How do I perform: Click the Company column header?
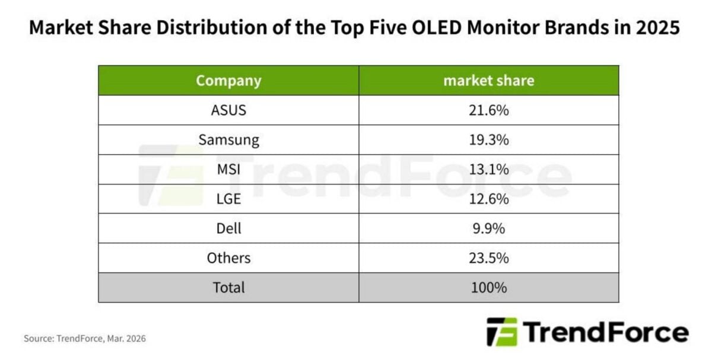(x=228, y=81)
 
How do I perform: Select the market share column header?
(x=488, y=81)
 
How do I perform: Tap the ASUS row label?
(x=228, y=110)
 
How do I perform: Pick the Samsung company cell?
(x=228, y=140)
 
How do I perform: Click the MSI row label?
(x=228, y=170)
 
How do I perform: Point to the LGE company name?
(x=228, y=199)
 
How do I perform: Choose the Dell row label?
(x=228, y=228)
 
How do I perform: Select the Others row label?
(x=228, y=258)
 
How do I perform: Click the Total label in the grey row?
(x=228, y=288)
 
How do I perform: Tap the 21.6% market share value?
(x=488, y=110)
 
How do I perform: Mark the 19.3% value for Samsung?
(x=488, y=140)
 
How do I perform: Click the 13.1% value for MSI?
(x=488, y=170)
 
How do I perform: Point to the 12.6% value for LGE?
(x=488, y=199)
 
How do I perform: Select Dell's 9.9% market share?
(x=488, y=228)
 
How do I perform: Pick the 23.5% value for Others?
(x=488, y=258)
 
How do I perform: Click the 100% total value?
(x=488, y=288)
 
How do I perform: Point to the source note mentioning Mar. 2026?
(x=84, y=339)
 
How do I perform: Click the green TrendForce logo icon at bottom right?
(x=501, y=332)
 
